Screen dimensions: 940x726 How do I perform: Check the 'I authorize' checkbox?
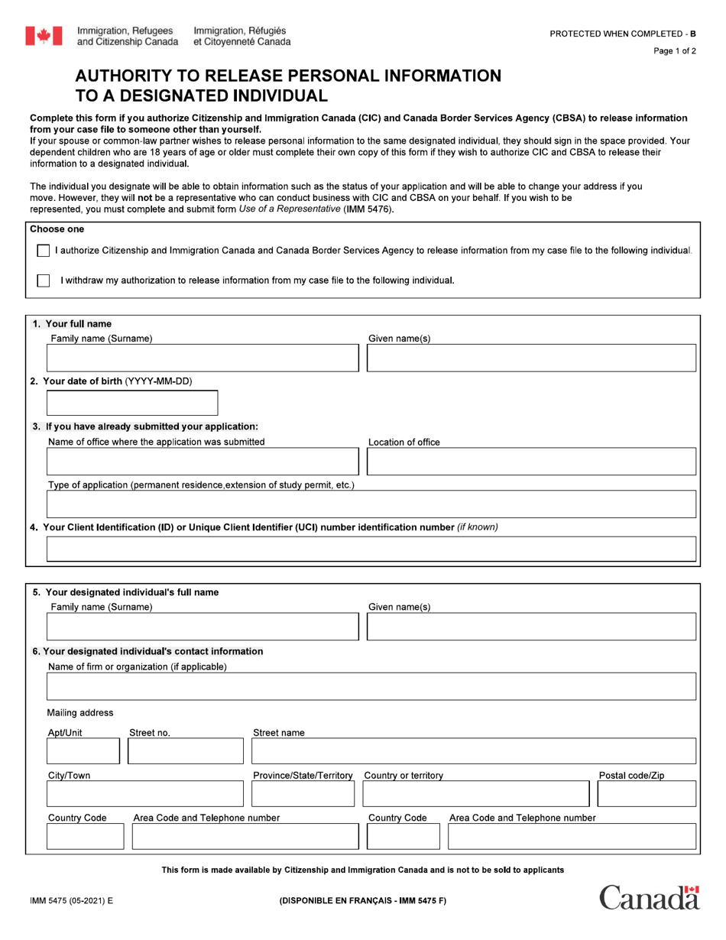(44, 251)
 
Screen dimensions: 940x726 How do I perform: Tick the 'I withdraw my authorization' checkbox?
(44, 280)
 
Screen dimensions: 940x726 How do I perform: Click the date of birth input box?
(132, 403)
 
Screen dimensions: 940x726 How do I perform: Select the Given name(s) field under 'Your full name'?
(531, 358)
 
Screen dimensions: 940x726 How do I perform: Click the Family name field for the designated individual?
(203, 626)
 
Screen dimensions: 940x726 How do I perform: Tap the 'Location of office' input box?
(531, 462)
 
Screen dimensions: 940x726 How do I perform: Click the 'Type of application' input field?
(371, 504)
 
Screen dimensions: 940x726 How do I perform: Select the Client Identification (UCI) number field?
(371, 549)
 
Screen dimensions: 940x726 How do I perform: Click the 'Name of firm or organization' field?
(371, 686)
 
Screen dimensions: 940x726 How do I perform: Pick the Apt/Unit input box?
(83, 751)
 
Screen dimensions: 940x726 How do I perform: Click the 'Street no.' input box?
(186, 751)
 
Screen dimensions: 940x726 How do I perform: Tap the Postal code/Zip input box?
(647, 794)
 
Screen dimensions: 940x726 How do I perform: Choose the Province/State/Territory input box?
(303, 794)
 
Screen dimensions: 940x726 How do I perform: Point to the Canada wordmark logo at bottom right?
(649, 897)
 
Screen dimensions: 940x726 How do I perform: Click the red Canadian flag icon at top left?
(44, 36)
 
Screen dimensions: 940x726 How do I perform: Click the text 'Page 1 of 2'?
(675, 51)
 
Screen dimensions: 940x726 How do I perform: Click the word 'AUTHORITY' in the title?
(127, 76)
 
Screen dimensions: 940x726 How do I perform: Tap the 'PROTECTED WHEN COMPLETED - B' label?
(623, 34)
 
